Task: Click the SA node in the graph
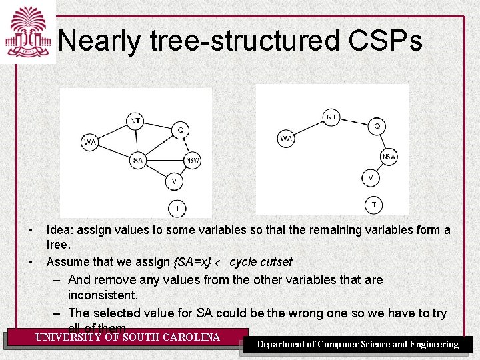(137, 160)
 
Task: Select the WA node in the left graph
(90, 142)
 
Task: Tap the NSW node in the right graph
(389, 157)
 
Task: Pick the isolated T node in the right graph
(373, 204)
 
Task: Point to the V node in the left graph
(174, 181)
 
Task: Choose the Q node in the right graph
(377, 125)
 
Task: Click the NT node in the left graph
(135, 121)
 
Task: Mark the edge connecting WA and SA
(113, 151)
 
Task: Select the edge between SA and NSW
(165, 160)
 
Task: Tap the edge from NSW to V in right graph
(381, 167)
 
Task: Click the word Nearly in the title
(99, 41)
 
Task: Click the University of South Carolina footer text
(127, 337)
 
